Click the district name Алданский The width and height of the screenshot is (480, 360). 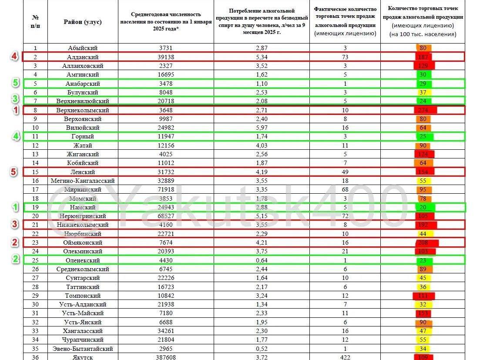point(83,57)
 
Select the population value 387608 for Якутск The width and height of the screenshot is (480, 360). point(165,357)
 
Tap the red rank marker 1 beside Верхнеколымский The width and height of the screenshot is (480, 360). point(15,110)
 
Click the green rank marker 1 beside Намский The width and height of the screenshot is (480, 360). point(15,207)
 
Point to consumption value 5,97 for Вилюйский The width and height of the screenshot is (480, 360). point(262,128)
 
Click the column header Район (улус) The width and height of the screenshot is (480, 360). point(83,22)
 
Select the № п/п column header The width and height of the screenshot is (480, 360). point(35,22)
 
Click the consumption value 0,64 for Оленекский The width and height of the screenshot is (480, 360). point(262,260)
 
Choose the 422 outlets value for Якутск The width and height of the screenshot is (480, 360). point(345,357)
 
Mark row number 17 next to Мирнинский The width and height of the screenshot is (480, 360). point(35,189)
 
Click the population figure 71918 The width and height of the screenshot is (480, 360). point(165,189)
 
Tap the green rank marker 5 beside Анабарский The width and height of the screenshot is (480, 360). point(15,83)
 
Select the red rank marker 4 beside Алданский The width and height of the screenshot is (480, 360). point(15,57)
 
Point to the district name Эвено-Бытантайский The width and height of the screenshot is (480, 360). point(83,349)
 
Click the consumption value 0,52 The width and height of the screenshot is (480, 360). point(262,349)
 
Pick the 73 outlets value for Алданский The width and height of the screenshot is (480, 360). point(345,57)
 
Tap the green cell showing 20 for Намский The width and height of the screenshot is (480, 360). point(423,207)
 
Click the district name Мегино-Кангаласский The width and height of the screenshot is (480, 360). point(83,181)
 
